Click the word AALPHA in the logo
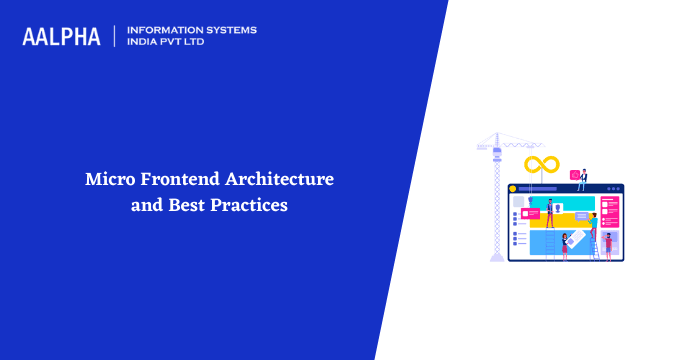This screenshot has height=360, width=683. tap(61, 36)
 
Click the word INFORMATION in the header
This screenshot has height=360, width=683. tap(167, 30)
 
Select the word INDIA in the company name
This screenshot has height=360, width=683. tap(146, 43)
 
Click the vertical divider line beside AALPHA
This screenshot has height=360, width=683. tap(115, 36)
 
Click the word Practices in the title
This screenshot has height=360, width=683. tap(249, 207)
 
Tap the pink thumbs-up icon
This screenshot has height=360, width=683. tap(574, 176)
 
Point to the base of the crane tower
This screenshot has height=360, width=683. tap(497, 257)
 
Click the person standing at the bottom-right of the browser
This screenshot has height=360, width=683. tap(607, 244)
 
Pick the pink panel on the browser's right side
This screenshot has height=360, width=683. tap(609, 212)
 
